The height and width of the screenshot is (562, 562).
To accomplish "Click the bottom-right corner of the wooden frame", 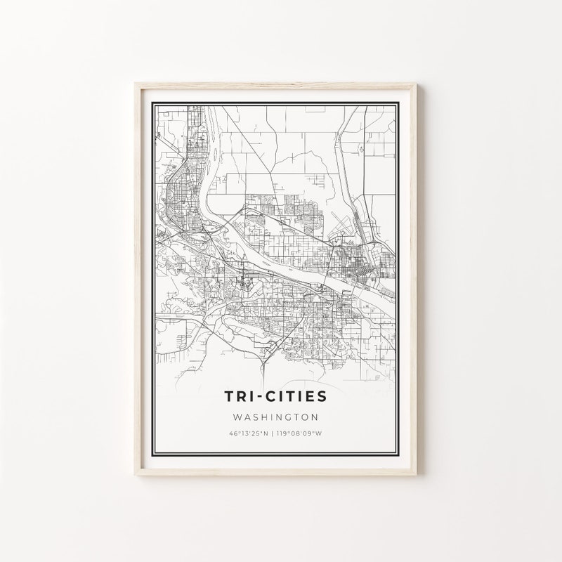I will tap(419, 478).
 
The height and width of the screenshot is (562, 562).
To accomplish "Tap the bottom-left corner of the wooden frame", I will tap(134, 478).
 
